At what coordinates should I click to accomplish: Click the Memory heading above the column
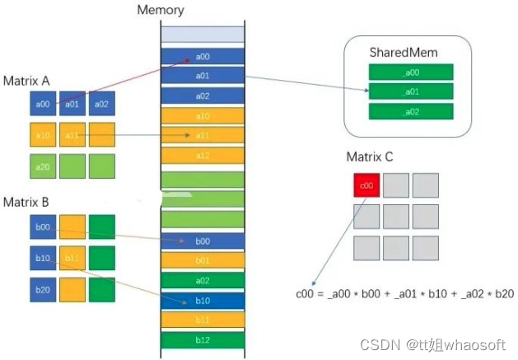[162, 11]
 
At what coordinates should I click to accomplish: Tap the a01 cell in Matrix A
[72, 104]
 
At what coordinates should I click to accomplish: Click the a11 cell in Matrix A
[72, 134]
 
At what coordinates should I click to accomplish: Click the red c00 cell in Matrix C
[366, 186]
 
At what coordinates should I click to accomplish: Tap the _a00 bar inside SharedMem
[409, 72]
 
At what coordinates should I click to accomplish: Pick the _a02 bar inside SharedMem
[409, 110]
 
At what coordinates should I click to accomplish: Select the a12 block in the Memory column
[202, 155]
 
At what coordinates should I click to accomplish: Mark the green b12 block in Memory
[202, 339]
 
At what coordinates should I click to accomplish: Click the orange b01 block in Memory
[202, 260]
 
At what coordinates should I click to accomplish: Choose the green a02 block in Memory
[202, 280]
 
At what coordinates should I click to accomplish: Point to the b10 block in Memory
[202, 300]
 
